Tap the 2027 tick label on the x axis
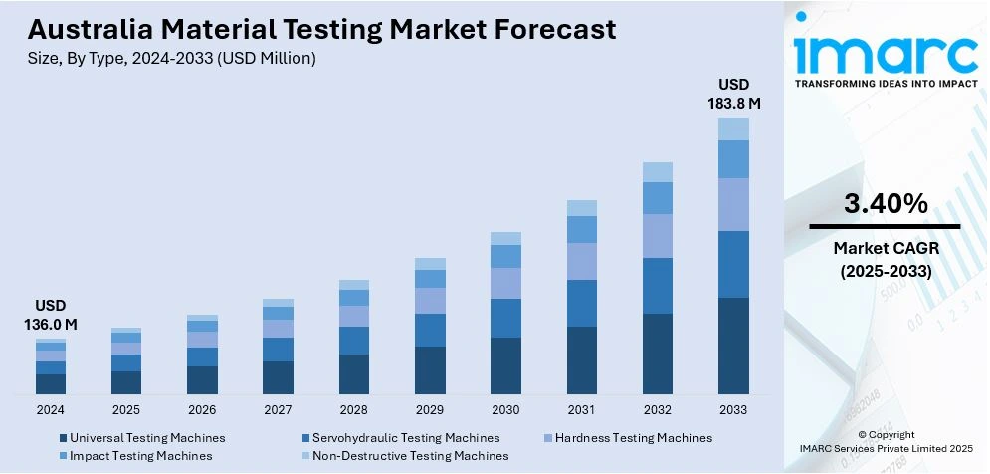[x=278, y=409]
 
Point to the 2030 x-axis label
[x=505, y=409]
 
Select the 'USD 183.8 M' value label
[x=734, y=93]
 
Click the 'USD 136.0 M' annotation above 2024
[x=51, y=314]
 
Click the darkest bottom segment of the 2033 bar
[x=733, y=346]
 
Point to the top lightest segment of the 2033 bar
[x=733, y=128]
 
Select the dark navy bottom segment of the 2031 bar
[x=581, y=359]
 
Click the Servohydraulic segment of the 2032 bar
[x=658, y=286]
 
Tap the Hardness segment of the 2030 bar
[x=505, y=283]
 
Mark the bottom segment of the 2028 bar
[x=353, y=373]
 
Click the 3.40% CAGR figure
[x=886, y=204]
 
